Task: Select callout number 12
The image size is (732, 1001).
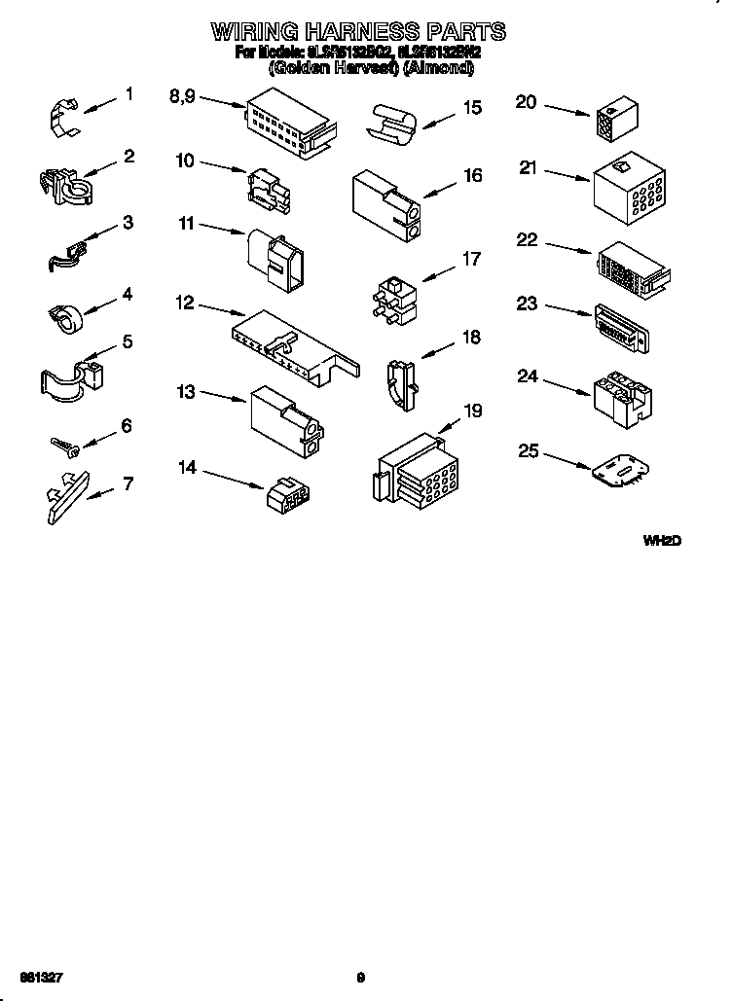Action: coord(184,303)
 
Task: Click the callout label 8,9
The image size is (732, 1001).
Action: coord(182,95)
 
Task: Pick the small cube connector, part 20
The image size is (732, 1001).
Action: coord(611,120)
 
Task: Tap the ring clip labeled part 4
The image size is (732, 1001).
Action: coord(66,315)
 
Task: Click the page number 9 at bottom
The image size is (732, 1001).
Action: coord(360,978)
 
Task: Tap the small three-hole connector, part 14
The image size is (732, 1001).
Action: coord(288,493)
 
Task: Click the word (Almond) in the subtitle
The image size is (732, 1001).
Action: coord(440,68)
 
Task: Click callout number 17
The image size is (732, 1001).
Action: coord(471,259)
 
